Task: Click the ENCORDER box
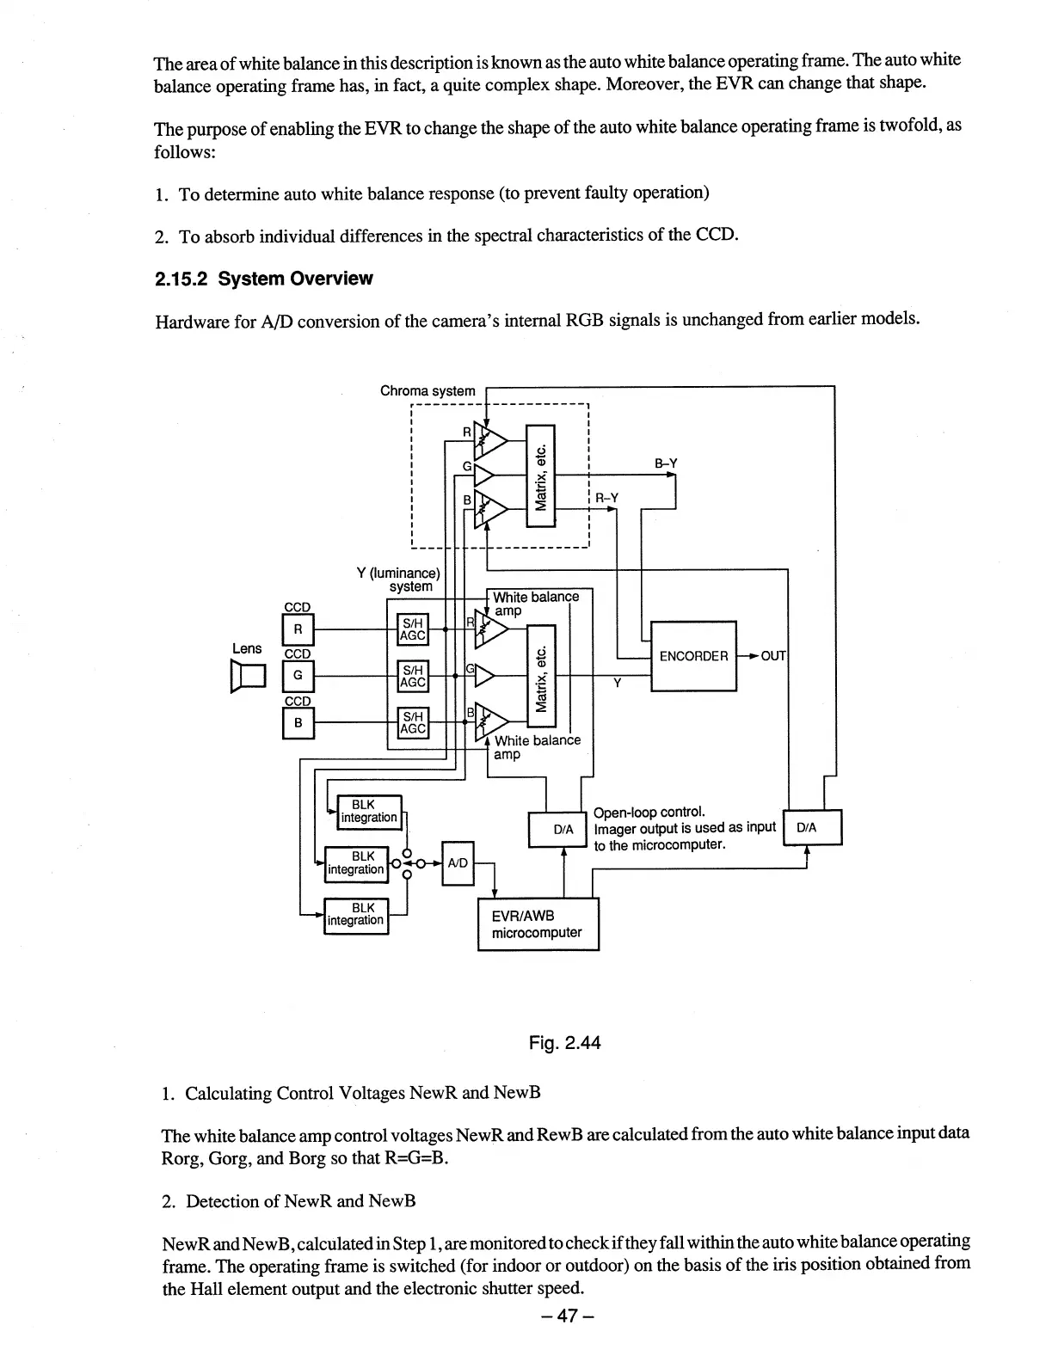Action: pyautogui.click(x=693, y=655)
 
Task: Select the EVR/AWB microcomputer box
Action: pyautogui.click(x=538, y=924)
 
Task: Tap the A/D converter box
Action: pyautogui.click(x=457, y=862)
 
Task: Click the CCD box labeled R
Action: pyautogui.click(x=298, y=629)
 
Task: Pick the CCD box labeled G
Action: pyautogui.click(x=298, y=676)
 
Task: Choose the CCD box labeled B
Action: pyautogui.click(x=298, y=723)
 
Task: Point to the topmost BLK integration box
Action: pyautogui.click(x=368, y=811)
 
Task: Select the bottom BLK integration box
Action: pyautogui.click(x=356, y=915)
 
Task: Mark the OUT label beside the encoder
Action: pyautogui.click(x=773, y=656)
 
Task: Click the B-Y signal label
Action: pyautogui.click(x=666, y=463)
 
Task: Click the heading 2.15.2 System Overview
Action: pyautogui.click(x=263, y=279)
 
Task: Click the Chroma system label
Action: pyautogui.click(x=428, y=390)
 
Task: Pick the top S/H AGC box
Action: pyautogui.click(x=413, y=629)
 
